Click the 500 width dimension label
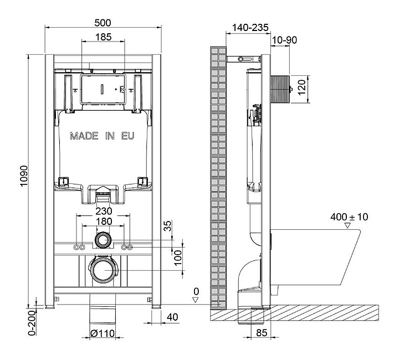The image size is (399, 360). click(x=103, y=23)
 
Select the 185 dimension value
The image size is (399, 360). click(x=103, y=37)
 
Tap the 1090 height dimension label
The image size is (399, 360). click(x=24, y=176)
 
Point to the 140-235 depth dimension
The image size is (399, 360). click(x=250, y=28)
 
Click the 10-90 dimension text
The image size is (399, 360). click(x=284, y=40)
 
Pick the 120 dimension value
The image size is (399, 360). click(x=301, y=87)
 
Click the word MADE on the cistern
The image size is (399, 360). click(x=84, y=136)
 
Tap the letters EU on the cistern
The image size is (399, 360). click(x=127, y=136)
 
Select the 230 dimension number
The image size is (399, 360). click(x=104, y=211)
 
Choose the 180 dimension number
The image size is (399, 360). click(x=104, y=222)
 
